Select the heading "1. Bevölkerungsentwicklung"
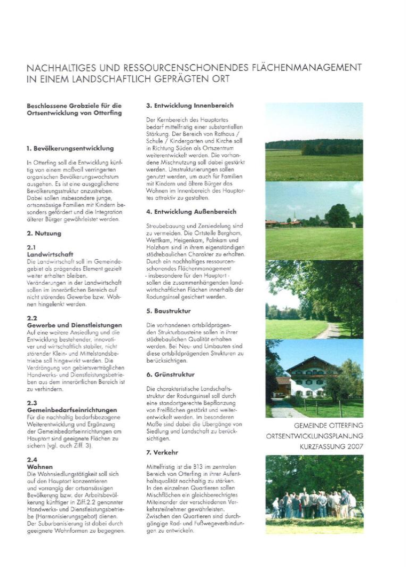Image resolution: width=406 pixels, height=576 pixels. click(x=70, y=148)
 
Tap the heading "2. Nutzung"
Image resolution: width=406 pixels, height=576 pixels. click(x=44, y=234)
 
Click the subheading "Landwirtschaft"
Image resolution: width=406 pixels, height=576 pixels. click(x=50, y=255)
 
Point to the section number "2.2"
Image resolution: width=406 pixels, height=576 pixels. click(x=32, y=318)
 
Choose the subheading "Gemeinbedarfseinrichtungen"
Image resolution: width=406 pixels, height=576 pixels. click(x=71, y=410)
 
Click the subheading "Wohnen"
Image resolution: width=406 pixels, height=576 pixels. click(x=40, y=467)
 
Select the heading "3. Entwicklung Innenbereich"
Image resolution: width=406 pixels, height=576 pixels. click(x=189, y=106)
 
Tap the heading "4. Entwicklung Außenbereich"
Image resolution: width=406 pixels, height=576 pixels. click(x=191, y=212)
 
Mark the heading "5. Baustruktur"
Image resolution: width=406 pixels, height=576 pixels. click(x=169, y=310)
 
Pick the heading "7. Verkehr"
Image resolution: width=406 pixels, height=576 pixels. click(x=162, y=452)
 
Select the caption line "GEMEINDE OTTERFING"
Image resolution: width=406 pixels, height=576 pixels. click(x=329, y=426)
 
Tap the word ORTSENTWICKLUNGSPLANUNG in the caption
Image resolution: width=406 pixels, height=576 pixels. click(x=314, y=436)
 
